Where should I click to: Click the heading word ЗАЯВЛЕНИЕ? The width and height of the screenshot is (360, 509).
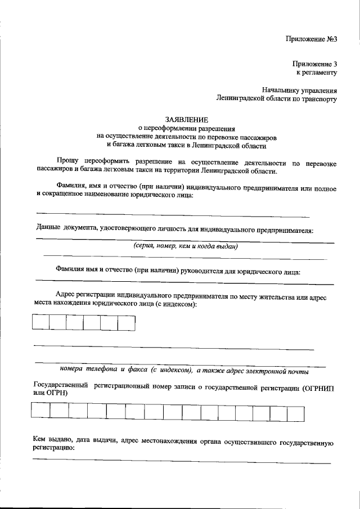click(186, 119)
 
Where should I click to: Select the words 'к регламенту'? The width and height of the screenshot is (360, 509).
click(316, 73)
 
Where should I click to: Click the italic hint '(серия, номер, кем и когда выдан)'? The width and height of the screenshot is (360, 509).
click(186, 246)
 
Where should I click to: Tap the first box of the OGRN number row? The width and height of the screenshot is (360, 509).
click(40, 413)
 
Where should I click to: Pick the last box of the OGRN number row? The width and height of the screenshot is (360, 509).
click(296, 413)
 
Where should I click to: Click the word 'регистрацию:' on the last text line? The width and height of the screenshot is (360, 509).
click(54, 451)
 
